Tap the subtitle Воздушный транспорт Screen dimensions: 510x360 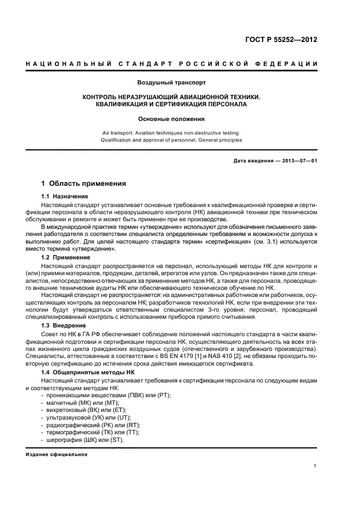[172, 83]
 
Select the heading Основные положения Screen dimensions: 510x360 [172, 118]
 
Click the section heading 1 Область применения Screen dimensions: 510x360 [84, 184]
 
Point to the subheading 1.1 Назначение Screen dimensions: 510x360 [65, 196]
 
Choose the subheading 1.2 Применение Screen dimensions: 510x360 [66, 256]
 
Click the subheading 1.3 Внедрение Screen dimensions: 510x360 [63, 325]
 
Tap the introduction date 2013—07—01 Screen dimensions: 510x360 [297, 161]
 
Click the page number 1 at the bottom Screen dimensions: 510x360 [315, 465]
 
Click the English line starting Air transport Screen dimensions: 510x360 [172, 132]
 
